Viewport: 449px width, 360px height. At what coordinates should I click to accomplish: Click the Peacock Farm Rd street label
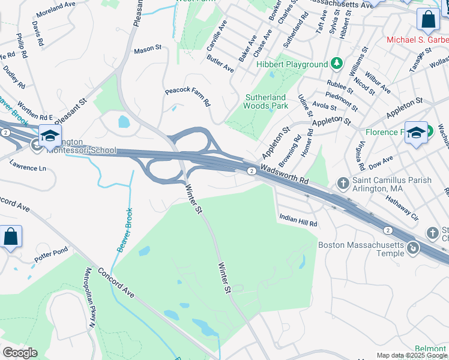pyautogui.click(x=188, y=96)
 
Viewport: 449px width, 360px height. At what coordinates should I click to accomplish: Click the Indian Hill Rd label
pyautogui.click(x=297, y=220)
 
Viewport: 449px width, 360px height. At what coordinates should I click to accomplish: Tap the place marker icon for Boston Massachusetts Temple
pyautogui.click(x=412, y=247)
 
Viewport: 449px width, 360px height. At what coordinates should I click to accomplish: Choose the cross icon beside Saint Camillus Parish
pyautogui.click(x=342, y=182)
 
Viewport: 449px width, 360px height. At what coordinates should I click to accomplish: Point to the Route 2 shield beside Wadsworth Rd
pyautogui.click(x=252, y=172)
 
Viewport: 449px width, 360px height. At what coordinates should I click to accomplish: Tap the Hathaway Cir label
pyautogui.click(x=400, y=208)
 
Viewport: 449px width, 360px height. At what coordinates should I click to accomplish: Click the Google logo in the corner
pyautogui.click(x=20, y=353)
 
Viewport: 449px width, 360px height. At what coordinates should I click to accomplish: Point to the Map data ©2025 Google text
pyautogui.click(x=411, y=355)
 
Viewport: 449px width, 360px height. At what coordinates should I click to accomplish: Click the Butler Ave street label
pyautogui.click(x=220, y=64)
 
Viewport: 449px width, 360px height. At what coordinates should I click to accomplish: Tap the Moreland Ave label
pyautogui.click(x=57, y=13)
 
